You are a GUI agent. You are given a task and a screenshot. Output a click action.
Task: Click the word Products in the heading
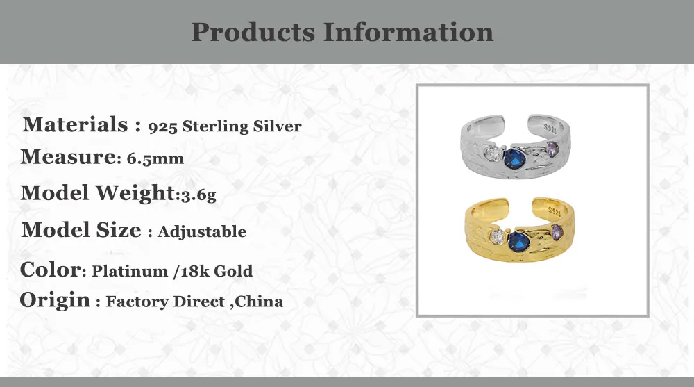[x=253, y=33]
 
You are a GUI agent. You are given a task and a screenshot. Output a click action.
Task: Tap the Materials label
[x=75, y=125]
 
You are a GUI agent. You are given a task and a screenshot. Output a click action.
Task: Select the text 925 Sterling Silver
[x=225, y=126]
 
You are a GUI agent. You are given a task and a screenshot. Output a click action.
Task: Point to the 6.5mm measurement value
[x=155, y=158]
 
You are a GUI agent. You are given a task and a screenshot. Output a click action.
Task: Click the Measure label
[x=67, y=157]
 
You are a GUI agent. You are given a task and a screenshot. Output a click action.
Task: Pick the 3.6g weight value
[x=198, y=195]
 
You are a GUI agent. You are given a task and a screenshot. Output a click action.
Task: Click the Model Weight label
[x=96, y=193]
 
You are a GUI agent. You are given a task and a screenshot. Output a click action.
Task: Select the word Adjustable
[x=202, y=231]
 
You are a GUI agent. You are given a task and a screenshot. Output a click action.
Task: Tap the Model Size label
[x=81, y=230]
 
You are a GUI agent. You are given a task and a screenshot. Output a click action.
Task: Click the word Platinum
[x=128, y=271]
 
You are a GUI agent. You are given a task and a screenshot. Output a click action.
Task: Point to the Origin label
[x=56, y=301]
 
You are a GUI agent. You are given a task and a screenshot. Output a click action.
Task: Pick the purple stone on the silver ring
[x=553, y=147]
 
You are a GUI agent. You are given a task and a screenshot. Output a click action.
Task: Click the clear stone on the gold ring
[x=496, y=237]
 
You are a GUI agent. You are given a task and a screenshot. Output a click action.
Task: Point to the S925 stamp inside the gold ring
[x=554, y=210]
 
